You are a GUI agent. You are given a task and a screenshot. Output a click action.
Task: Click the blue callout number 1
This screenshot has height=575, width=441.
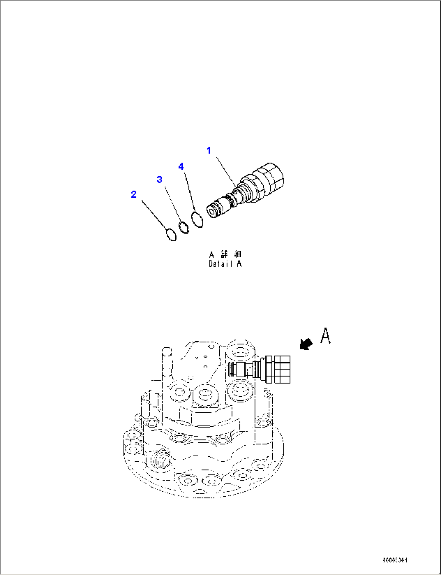(209, 151)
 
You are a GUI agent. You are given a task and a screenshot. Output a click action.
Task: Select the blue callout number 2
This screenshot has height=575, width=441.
(134, 195)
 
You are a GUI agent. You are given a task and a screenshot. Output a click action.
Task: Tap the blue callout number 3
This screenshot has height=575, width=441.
(160, 179)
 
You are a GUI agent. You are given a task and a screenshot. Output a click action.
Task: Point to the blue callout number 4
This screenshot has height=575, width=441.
(181, 166)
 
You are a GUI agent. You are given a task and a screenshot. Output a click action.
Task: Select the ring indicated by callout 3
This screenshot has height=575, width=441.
(184, 227)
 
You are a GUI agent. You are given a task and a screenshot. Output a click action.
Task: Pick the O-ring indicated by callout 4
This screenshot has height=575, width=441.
(197, 220)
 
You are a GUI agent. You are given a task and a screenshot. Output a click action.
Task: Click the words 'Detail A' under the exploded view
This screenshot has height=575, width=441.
(225, 264)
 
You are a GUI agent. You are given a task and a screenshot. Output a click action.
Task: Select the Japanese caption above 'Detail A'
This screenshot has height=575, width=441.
(225, 254)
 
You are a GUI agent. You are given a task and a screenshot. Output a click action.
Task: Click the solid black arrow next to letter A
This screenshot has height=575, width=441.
(306, 344)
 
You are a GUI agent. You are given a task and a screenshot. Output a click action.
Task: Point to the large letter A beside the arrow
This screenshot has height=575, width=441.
(326, 336)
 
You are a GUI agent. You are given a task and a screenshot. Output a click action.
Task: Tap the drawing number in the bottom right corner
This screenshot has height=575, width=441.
(394, 560)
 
